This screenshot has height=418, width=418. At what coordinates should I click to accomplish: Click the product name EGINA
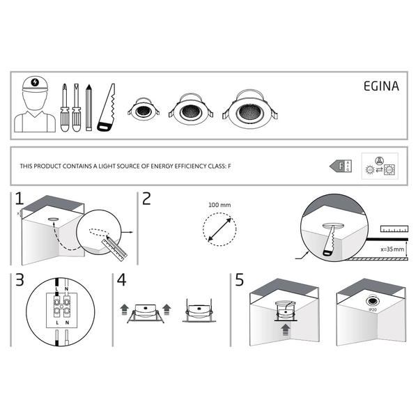pos(380,88)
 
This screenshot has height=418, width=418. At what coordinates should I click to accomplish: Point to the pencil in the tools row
pos(88,108)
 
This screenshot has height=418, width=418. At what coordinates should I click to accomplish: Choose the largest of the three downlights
pos(249,109)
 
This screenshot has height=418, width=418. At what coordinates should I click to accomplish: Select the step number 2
pos(146,199)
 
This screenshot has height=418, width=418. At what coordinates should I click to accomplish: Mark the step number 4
pos(122,281)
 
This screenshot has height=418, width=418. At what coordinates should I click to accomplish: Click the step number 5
pos(240,281)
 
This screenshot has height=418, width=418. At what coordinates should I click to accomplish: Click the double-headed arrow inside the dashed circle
pos(220,229)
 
